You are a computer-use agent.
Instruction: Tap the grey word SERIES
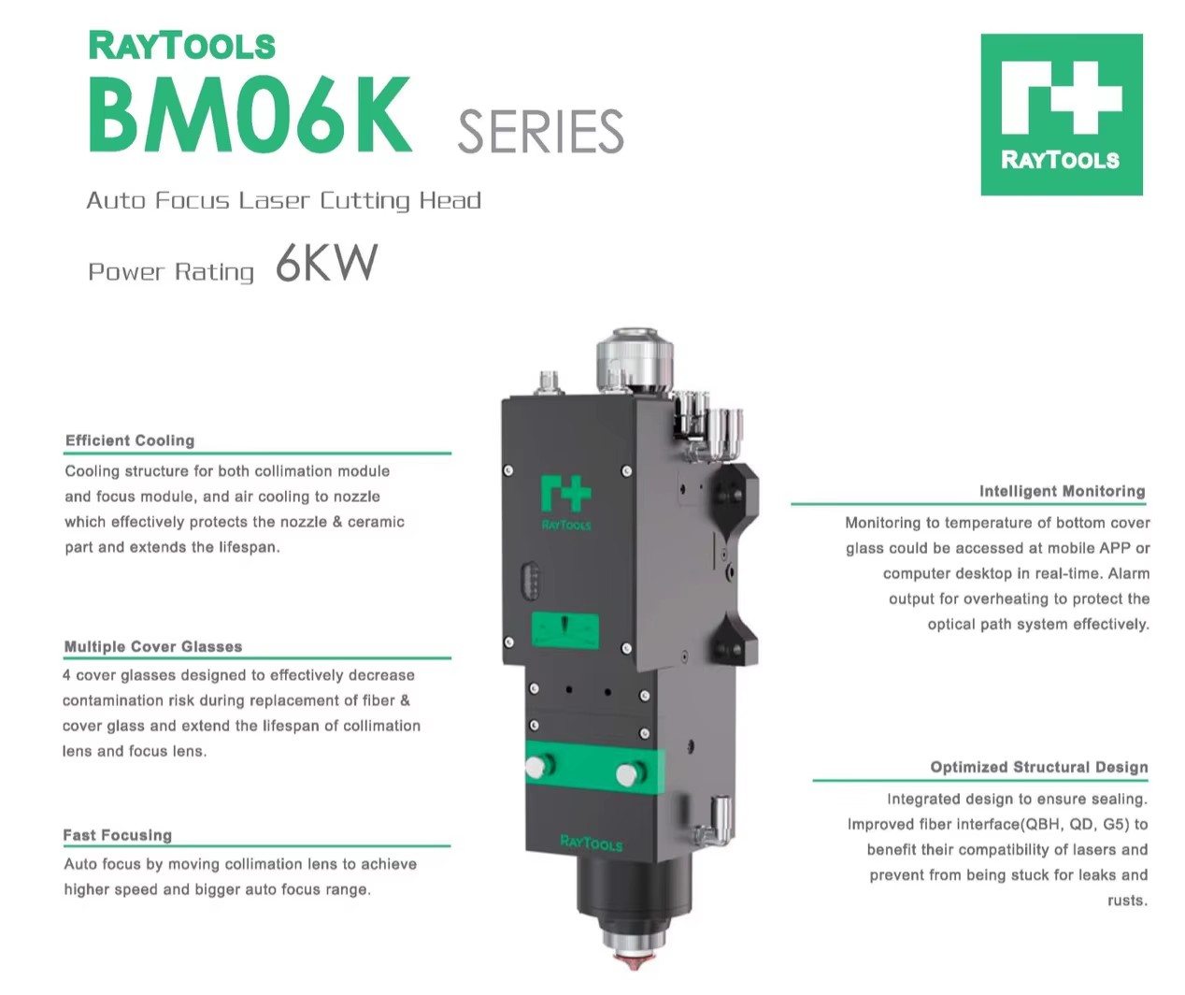[x=540, y=132]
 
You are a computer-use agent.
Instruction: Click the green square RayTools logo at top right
[x=1062, y=114]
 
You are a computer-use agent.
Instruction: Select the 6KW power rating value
[x=326, y=263]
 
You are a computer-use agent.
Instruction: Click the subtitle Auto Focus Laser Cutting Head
[x=284, y=200]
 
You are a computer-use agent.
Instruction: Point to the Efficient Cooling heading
[x=130, y=440]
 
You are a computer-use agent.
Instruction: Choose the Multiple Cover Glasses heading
[x=153, y=646]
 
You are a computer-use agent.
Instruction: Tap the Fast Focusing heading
[x=118, y=835]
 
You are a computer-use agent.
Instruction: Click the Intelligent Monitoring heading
[x=1063, y=491]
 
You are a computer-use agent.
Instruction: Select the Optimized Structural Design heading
[x=1039, y=767]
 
